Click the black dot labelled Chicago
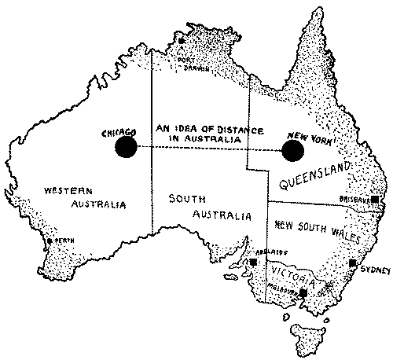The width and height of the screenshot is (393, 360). pyautogui.click(x=124, y=146)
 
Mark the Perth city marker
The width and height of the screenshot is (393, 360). pyautogui.click(x=50, y=241)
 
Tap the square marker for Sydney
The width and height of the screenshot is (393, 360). pyautogui.click(x=353, y=263)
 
